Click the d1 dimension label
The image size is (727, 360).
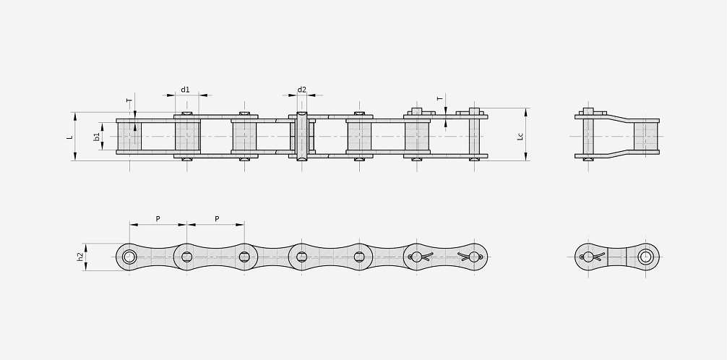tap(185, 90)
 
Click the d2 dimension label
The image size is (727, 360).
tap(302, 90)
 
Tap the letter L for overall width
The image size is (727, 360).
tap(70, 137)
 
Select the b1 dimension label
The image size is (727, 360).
tap(96, 137)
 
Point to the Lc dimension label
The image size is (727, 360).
tap(520, 136)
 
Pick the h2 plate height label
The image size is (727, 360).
tap(80, 257)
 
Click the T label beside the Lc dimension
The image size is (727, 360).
tap(440, 99)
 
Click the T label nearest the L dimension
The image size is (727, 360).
tap(129, 100)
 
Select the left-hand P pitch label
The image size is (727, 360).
tap(158, 218)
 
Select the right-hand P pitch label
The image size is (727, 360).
tap(217, 218)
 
